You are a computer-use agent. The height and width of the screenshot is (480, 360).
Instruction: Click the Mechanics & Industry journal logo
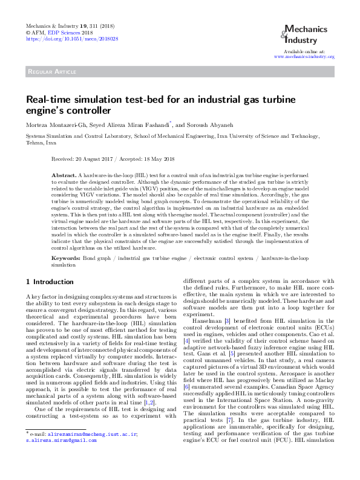point(305,34)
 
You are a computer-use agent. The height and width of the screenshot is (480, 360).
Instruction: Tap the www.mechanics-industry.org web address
point(304,56)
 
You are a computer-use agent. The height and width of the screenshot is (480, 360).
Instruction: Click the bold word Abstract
point(63,174)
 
